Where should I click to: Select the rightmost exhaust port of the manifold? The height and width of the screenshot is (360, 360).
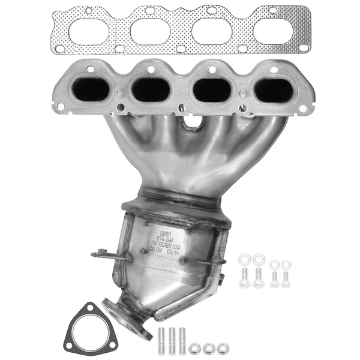tap(273, 91)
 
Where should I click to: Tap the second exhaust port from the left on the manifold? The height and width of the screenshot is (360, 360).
tap(151, 90)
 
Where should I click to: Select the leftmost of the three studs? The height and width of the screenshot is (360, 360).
tap(163, 341)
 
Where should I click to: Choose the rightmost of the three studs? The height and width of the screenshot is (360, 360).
tap(182, 341)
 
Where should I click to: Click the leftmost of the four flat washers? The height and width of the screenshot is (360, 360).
tap(244, 260)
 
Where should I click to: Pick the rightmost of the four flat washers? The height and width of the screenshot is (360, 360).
tap(286, 264)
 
